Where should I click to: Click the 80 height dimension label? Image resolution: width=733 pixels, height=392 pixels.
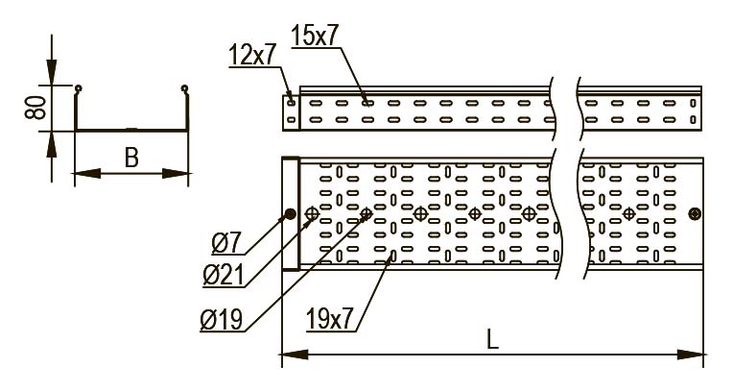click(x=36, y=108)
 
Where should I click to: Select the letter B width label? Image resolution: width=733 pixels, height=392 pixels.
click(x=131, y=158)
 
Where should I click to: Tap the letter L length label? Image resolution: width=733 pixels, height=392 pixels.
click(x=492, y=339)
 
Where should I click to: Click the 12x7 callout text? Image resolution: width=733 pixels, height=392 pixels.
click(x=253, y=55)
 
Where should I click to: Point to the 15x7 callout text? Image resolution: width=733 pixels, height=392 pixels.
click(x=314, y=36)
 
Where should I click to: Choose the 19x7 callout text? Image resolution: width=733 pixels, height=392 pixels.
click(x=330, y=319)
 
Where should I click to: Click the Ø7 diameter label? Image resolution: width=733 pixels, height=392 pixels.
click(x=226, y=243)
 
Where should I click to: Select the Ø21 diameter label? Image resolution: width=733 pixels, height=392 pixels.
click(x=224, y=276)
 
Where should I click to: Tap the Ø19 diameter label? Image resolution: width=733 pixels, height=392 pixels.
click(x=222, y=320)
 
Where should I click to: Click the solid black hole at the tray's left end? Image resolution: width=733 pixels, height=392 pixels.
click(x=291, y=214)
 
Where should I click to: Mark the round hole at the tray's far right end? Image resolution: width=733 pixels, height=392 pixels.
click(x=695, y=214)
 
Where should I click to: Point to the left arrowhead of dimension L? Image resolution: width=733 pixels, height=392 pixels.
click(x=295, y=355)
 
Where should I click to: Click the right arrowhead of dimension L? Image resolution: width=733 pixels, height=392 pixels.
click(x=690, y=355)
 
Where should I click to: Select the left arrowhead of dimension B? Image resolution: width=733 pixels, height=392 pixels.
click(x=87, y=174)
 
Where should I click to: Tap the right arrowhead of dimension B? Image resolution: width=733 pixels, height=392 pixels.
click(x=176, y=174)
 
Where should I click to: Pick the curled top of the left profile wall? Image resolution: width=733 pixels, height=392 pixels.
click(x=78, y=88)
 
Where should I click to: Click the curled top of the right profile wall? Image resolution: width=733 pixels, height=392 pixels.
click(x=184, y=88)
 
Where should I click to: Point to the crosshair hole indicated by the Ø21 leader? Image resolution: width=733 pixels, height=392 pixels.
click(x=312, y=214)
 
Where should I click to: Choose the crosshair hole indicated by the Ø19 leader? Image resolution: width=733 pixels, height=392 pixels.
click(x=366, y=214)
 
